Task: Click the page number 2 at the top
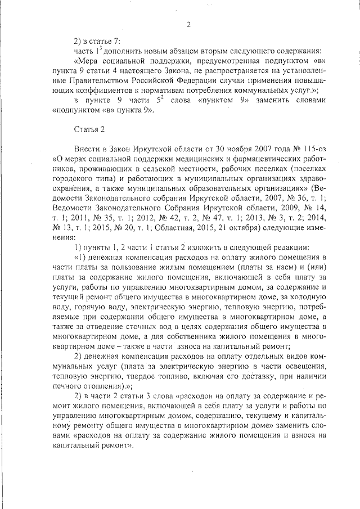click(x=188, y=24)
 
